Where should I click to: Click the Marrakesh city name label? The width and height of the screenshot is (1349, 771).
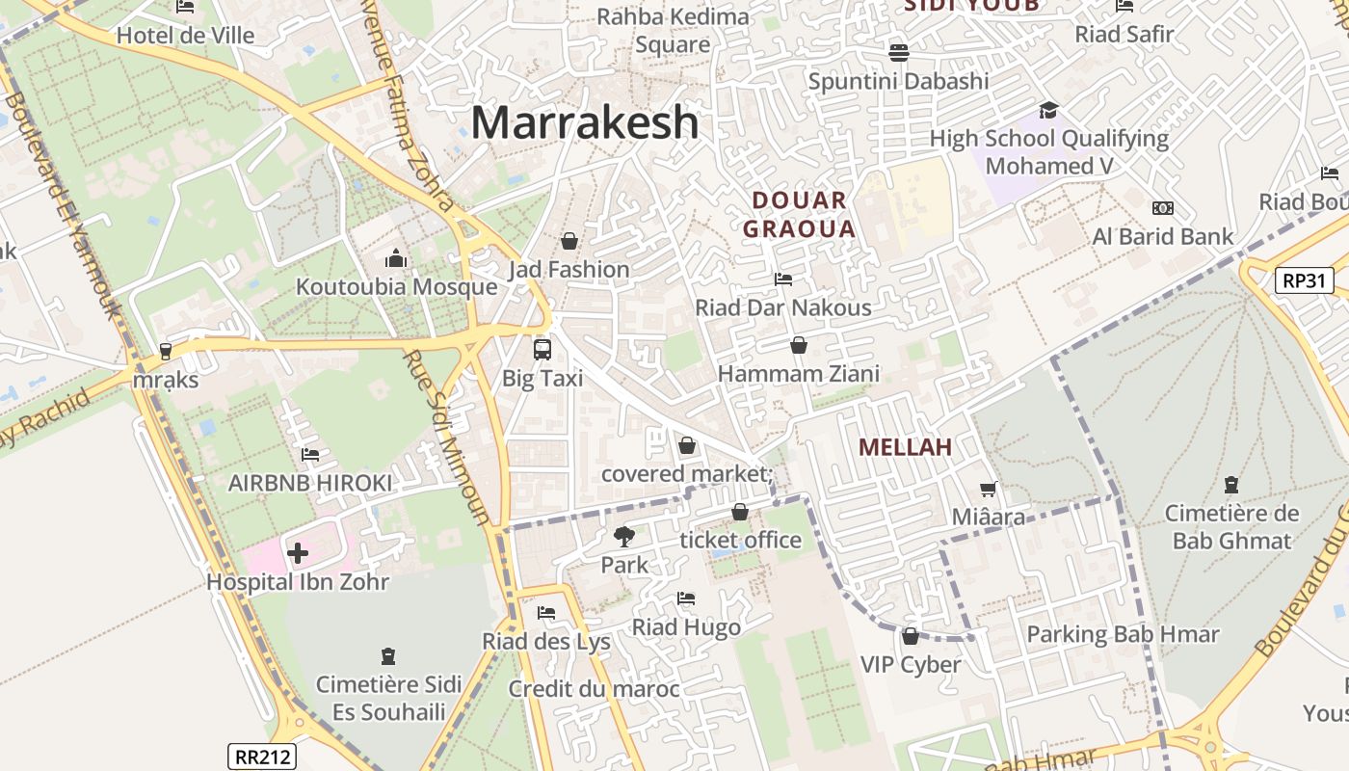click(585, 122)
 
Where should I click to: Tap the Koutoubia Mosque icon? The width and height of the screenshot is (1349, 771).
click(396, 258)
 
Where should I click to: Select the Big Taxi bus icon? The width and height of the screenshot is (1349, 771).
click(542, 349)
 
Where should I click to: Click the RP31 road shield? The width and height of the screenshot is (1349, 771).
click(1304, 280)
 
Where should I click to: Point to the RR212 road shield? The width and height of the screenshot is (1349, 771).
click(262, 757)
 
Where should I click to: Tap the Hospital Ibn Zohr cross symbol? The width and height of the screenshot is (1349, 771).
click(298, 552)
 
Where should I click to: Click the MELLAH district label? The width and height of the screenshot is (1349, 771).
click(904, 446)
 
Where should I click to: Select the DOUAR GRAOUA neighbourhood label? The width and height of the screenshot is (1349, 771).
click(804, 215)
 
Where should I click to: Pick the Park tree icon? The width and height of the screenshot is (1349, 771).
click(624, 536)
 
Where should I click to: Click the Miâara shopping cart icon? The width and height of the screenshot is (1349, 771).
click(988, 490)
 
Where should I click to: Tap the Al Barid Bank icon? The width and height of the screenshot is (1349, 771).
click(1162, 208)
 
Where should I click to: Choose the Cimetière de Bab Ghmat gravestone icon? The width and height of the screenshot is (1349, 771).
click(1230, 484)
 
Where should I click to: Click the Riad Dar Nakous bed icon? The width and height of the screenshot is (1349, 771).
click(783, 279)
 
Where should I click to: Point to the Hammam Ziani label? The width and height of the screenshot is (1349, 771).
click(799, 373)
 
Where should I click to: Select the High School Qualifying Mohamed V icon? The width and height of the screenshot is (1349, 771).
click(1048, 110)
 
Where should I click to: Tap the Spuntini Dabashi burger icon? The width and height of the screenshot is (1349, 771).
click(898, 52)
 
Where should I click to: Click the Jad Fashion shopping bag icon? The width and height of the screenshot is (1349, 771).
click(569, 240)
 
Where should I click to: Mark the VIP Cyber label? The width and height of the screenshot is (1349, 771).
click(911, 664)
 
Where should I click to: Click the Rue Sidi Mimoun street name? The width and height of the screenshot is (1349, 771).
click(446, 435)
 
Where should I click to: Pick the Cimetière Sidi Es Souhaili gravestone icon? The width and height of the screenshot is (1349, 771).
click(388, 656)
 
